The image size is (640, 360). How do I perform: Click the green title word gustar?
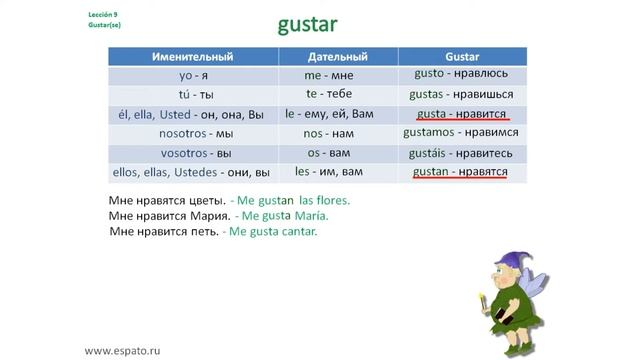tap(325, 23)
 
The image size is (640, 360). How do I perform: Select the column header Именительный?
tap(195, 56)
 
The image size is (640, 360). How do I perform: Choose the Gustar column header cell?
tap(462, 56)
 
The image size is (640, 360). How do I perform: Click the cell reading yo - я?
tap(195, 75)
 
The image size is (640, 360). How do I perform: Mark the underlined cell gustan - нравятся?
tap(462, 172)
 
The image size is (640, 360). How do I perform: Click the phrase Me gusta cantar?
tap(273, 231)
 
